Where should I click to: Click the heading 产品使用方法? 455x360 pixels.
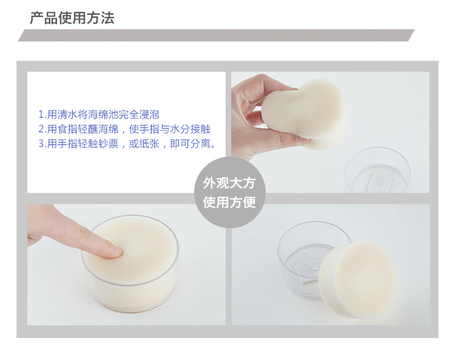point(72,18)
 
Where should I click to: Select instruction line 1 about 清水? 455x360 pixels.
point(99,114)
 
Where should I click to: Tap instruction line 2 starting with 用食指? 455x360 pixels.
point(124,129)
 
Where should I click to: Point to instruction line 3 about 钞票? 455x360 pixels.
point(127,143)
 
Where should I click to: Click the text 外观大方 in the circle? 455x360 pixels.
point(229,183)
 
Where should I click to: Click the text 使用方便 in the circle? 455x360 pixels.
point(229,202)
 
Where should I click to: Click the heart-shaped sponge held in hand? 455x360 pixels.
point(305,114)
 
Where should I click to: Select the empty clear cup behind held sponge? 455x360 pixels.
point(377,170)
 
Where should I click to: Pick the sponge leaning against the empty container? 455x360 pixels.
point(358,279)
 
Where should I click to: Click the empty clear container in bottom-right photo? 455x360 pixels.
point(308,259)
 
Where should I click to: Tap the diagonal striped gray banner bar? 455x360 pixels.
point(216,35)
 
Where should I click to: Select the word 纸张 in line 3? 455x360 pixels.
point(149,143)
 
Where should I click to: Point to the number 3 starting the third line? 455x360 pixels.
point(41,144)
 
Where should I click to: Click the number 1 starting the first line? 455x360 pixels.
point(41,115)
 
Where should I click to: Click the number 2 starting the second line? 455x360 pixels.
point(41,129)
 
